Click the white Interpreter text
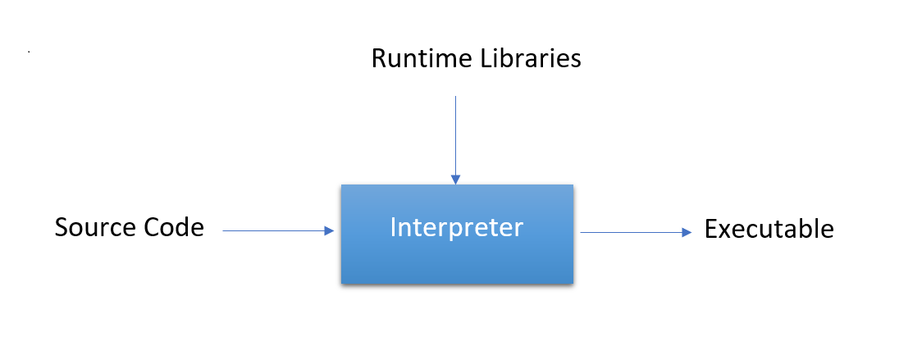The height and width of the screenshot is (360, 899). (x=456, y=227)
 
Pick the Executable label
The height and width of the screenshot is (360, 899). (x=769, y=229)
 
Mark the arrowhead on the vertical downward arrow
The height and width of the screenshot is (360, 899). (x=455, y=180)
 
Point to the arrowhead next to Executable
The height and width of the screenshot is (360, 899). (x=687, y=232)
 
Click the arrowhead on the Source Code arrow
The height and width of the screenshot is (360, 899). (x=330, y=231)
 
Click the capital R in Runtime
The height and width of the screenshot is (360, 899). (x=379, y=59)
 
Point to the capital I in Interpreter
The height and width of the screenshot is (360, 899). (x=393, y=227)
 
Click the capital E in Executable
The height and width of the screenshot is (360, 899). (x=710, y=229)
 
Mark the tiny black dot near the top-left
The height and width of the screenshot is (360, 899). (x=29, y=52)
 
